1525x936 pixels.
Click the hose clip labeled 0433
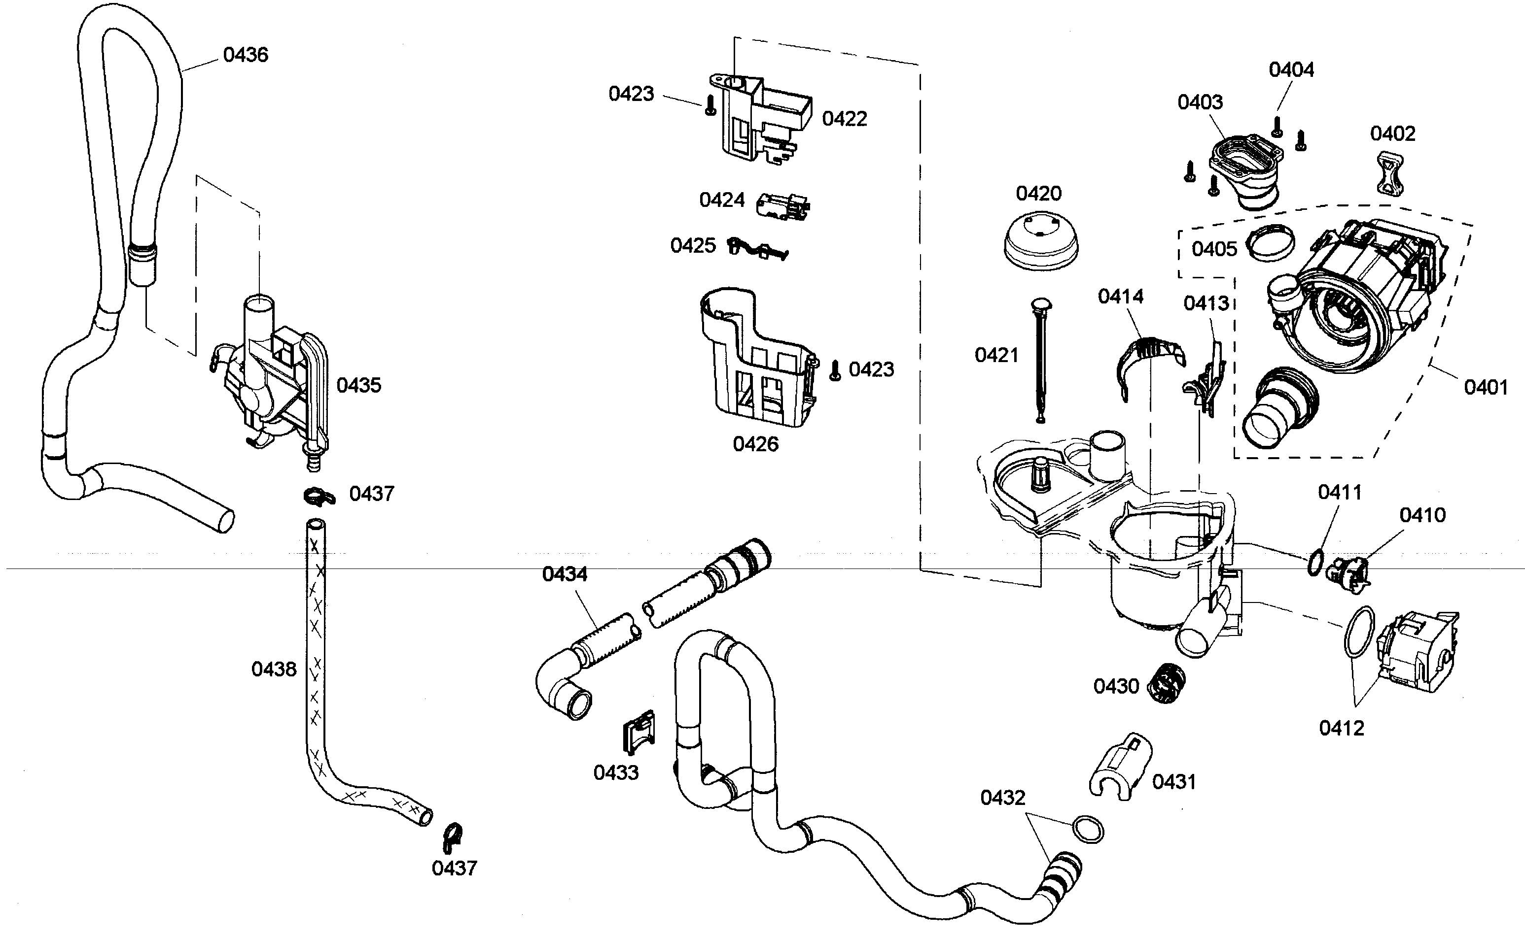coord(638,733)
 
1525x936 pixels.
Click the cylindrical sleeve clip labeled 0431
coord(1121,765)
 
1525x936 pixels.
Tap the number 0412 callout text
coord(1341,728)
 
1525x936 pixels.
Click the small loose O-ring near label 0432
coord(1088,830)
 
